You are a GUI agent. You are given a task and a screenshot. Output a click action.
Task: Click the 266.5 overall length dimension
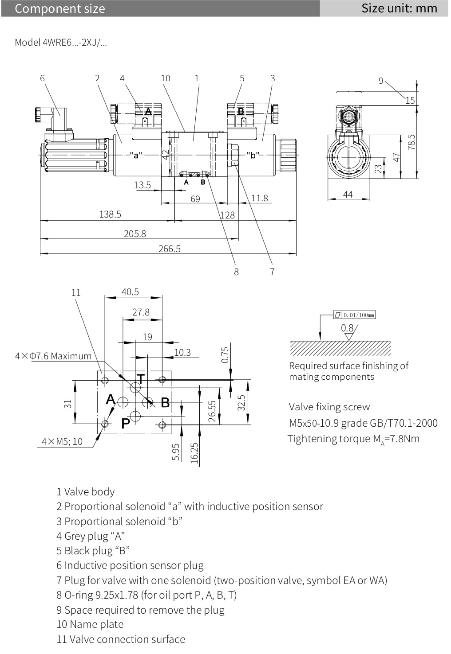170,249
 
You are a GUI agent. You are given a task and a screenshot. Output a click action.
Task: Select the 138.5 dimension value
110,214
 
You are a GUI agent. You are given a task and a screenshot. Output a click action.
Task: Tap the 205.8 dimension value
135,234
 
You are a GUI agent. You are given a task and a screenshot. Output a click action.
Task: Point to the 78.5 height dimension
411,142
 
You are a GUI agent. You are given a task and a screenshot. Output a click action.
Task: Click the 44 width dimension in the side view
348,194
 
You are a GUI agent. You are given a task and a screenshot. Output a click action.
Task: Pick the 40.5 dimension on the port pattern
130,292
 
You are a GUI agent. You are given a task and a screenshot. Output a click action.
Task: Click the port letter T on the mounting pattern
140,378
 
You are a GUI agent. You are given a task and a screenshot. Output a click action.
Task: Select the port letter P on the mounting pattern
126,423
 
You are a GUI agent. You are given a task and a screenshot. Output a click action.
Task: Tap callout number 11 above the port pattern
76,292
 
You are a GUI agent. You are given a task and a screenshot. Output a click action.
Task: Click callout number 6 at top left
42,78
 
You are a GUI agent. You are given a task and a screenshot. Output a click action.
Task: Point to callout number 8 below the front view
236,272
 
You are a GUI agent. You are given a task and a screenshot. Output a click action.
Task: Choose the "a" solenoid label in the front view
136,155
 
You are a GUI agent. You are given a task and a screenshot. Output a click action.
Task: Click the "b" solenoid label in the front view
253,155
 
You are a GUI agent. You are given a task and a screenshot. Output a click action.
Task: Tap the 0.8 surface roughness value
347,328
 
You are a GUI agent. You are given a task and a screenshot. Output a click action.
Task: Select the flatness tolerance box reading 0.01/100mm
355,315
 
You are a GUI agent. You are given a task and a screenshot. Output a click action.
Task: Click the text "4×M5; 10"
62,441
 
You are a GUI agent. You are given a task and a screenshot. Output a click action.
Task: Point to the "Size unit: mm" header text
399,8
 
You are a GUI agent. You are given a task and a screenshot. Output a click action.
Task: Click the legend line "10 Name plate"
90,624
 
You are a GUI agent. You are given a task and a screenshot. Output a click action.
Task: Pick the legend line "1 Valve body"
86,491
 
